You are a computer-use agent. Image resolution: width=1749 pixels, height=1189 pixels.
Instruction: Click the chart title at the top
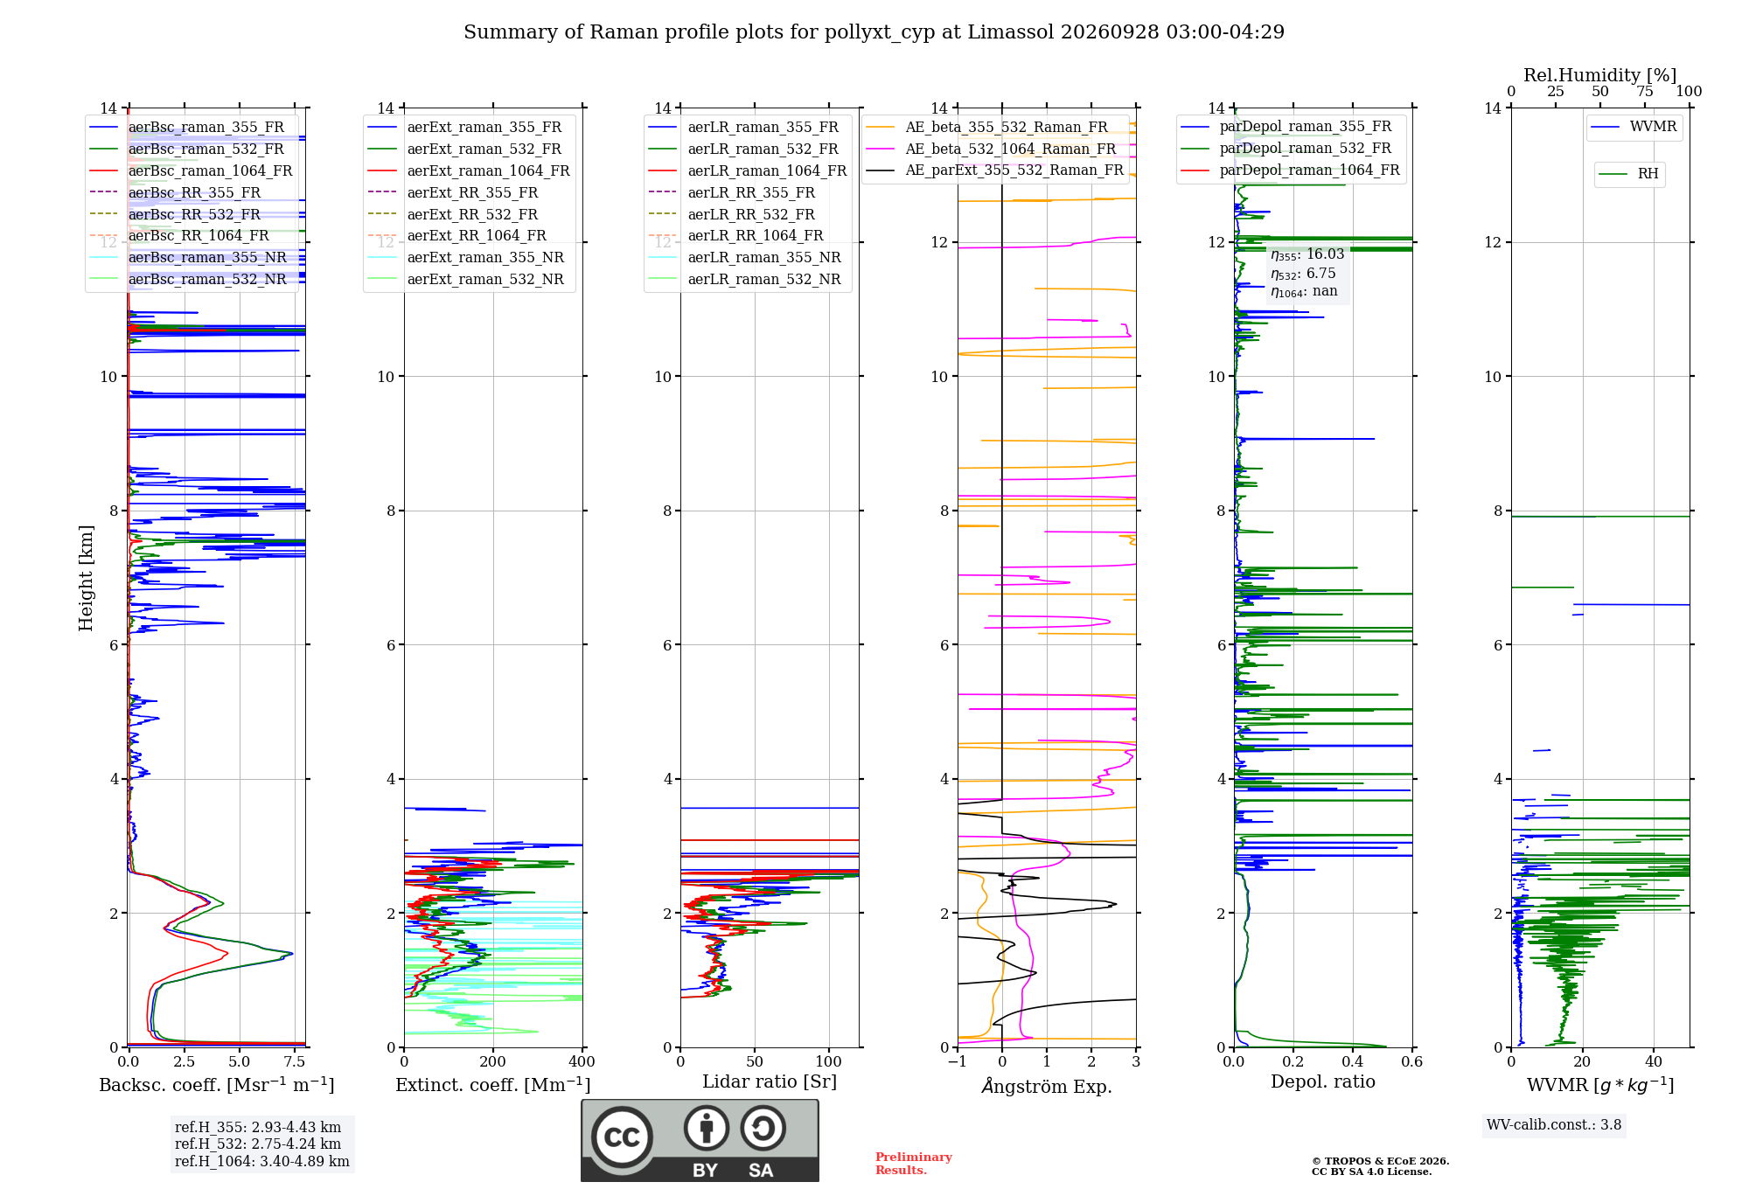[874, 32]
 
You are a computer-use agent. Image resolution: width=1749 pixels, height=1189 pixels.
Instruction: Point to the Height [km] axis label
[86, 578]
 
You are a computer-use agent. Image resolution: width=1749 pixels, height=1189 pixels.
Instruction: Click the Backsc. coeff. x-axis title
[217, 1085]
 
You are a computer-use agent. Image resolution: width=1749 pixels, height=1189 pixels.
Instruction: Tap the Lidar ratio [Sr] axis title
[770, 1082]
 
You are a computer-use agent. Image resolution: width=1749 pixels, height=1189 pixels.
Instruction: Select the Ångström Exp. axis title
[1047, 1086]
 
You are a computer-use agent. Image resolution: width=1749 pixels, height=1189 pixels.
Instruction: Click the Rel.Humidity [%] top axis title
[1600, 75]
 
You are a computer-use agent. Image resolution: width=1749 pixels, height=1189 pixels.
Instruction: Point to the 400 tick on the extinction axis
[582, 1061]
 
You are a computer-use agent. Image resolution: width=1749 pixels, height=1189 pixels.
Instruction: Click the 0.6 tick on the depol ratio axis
[1412, 1061]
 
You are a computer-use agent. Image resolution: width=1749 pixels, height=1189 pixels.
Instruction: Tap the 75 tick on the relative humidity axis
[1645, 92]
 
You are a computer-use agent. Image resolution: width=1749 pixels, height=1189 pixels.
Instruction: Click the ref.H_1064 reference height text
[262, 1161]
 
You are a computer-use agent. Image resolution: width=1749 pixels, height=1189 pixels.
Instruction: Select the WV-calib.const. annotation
[1554, 1125]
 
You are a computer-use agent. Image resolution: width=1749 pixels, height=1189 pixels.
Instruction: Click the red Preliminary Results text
[914, 1164]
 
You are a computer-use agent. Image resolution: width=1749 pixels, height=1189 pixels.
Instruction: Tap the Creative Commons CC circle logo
[622, 1137]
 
